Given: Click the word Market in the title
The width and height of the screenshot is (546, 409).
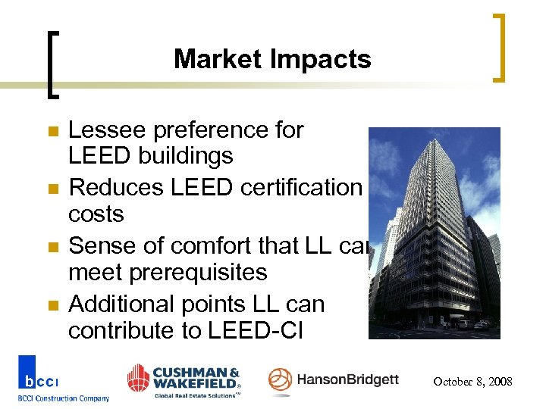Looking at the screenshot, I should coord(218,59).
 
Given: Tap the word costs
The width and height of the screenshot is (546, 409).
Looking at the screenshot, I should coord(96,214).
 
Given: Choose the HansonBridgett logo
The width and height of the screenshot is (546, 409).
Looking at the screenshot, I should coord(334,380).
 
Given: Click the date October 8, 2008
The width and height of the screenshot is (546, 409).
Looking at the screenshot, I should coord(472,382).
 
